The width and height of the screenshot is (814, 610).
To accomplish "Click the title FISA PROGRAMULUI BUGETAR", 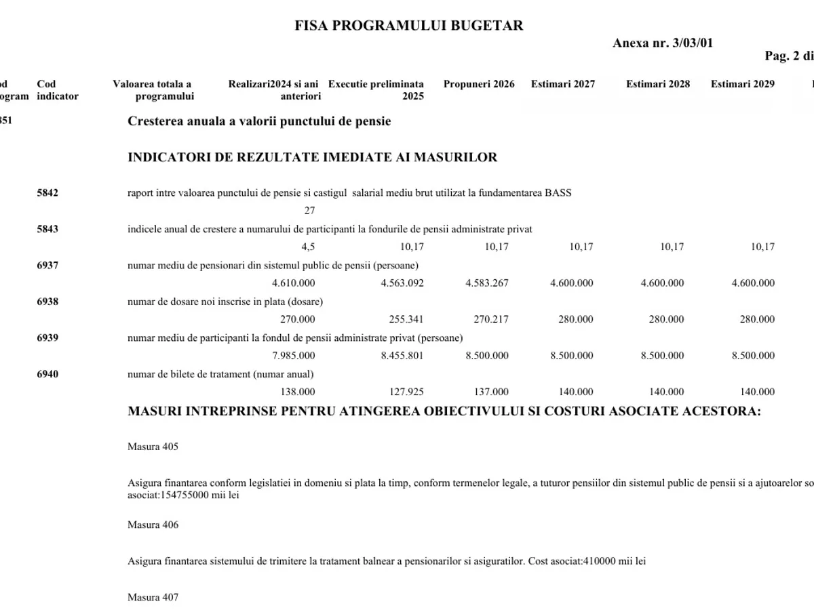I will (x=409, y=26).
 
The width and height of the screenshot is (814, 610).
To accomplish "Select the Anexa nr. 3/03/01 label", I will (x=663, y=43).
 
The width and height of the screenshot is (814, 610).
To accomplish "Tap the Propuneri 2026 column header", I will (x=479, y=84).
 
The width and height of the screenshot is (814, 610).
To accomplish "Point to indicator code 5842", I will (x=47, y=192).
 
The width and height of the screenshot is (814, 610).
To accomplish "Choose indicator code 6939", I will (x=47, y=338).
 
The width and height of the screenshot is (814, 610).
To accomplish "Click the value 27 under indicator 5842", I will (x=309, y=211).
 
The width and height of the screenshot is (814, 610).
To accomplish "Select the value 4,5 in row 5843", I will (x=308, y=247).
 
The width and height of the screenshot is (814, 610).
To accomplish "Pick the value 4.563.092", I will (x=402, y=283).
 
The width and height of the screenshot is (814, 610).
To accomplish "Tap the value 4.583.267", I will (x=487, y=283).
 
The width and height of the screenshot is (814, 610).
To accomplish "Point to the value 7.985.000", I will (x=293, y=355).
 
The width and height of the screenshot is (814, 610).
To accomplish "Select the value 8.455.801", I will (x=402, y=355).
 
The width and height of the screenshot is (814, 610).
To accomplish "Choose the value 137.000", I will (x=491, y=392).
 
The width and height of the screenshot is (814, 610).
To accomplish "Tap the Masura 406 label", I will (x=153, y=525).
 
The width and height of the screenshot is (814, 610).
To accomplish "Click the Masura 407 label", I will (x=153, y=597).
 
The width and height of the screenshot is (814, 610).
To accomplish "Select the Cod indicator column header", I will (x=58, y=90).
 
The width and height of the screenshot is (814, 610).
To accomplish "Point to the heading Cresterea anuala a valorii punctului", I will (x=259, y=121).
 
